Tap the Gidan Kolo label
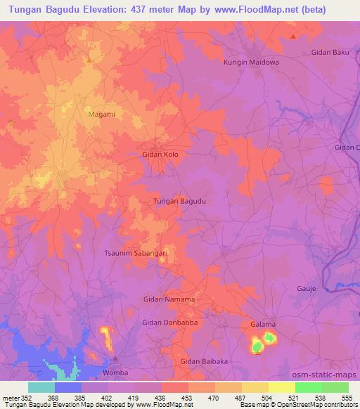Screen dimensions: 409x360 point(165,153)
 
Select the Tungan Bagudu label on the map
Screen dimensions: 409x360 point(179,201)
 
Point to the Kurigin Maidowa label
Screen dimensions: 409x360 point(251,62)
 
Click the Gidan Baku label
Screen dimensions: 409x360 point(330,53)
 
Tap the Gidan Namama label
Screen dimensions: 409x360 point(169,299)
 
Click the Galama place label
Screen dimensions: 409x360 point(263,324)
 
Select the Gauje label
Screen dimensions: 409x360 point(307,289)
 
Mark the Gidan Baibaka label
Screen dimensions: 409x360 point(205,361)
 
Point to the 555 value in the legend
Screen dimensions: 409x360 point(348,397)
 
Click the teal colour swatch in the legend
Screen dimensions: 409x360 point(41,387)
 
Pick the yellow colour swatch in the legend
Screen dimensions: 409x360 point(282,387)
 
